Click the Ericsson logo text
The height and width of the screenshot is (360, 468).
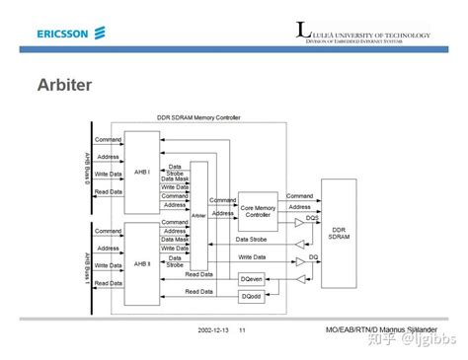click(x=63, y=34)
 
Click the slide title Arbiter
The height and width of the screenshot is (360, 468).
click(x=65, y=85)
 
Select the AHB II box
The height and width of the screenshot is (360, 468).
click(x=142, y=264)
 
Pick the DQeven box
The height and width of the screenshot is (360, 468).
click(x=252, y=279)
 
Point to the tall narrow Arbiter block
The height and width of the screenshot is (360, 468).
click(x=199, y=214)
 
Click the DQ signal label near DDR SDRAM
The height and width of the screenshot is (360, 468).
click(x=313, y=255)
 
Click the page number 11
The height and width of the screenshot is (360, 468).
click(x=242, y=328)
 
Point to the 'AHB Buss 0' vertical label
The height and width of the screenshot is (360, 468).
click(x=87, y=171)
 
